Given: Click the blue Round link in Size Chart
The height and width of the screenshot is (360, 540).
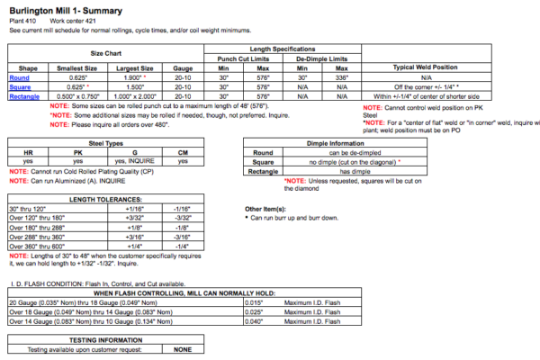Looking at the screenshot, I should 18,77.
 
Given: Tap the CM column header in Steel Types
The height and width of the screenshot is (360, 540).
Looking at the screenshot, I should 183,152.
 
